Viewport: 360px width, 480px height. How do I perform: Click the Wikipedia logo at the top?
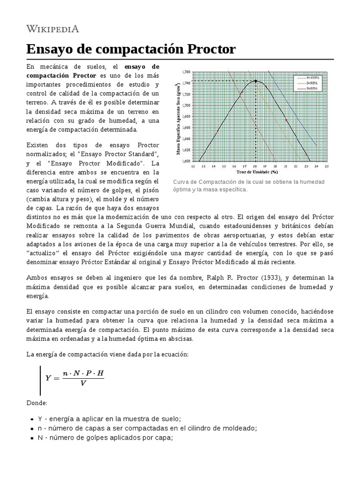(52, 29)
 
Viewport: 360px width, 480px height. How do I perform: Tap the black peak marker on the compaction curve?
(255, 81)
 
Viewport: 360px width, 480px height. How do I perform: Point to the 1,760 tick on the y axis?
(186, 72)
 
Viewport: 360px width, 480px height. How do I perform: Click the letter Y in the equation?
(48, 377)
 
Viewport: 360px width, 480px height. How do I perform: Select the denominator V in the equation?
(83, 383)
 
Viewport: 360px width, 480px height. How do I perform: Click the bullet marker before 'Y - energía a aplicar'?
(31, 419)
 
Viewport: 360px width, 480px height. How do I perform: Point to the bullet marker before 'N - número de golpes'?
(31, 438)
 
